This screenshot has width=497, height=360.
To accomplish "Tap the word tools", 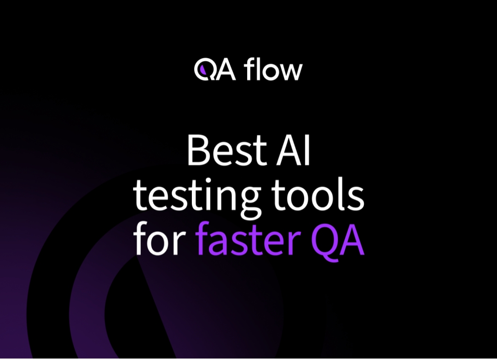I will (320, 196).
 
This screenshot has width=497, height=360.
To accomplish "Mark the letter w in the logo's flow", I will (292, 73).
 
